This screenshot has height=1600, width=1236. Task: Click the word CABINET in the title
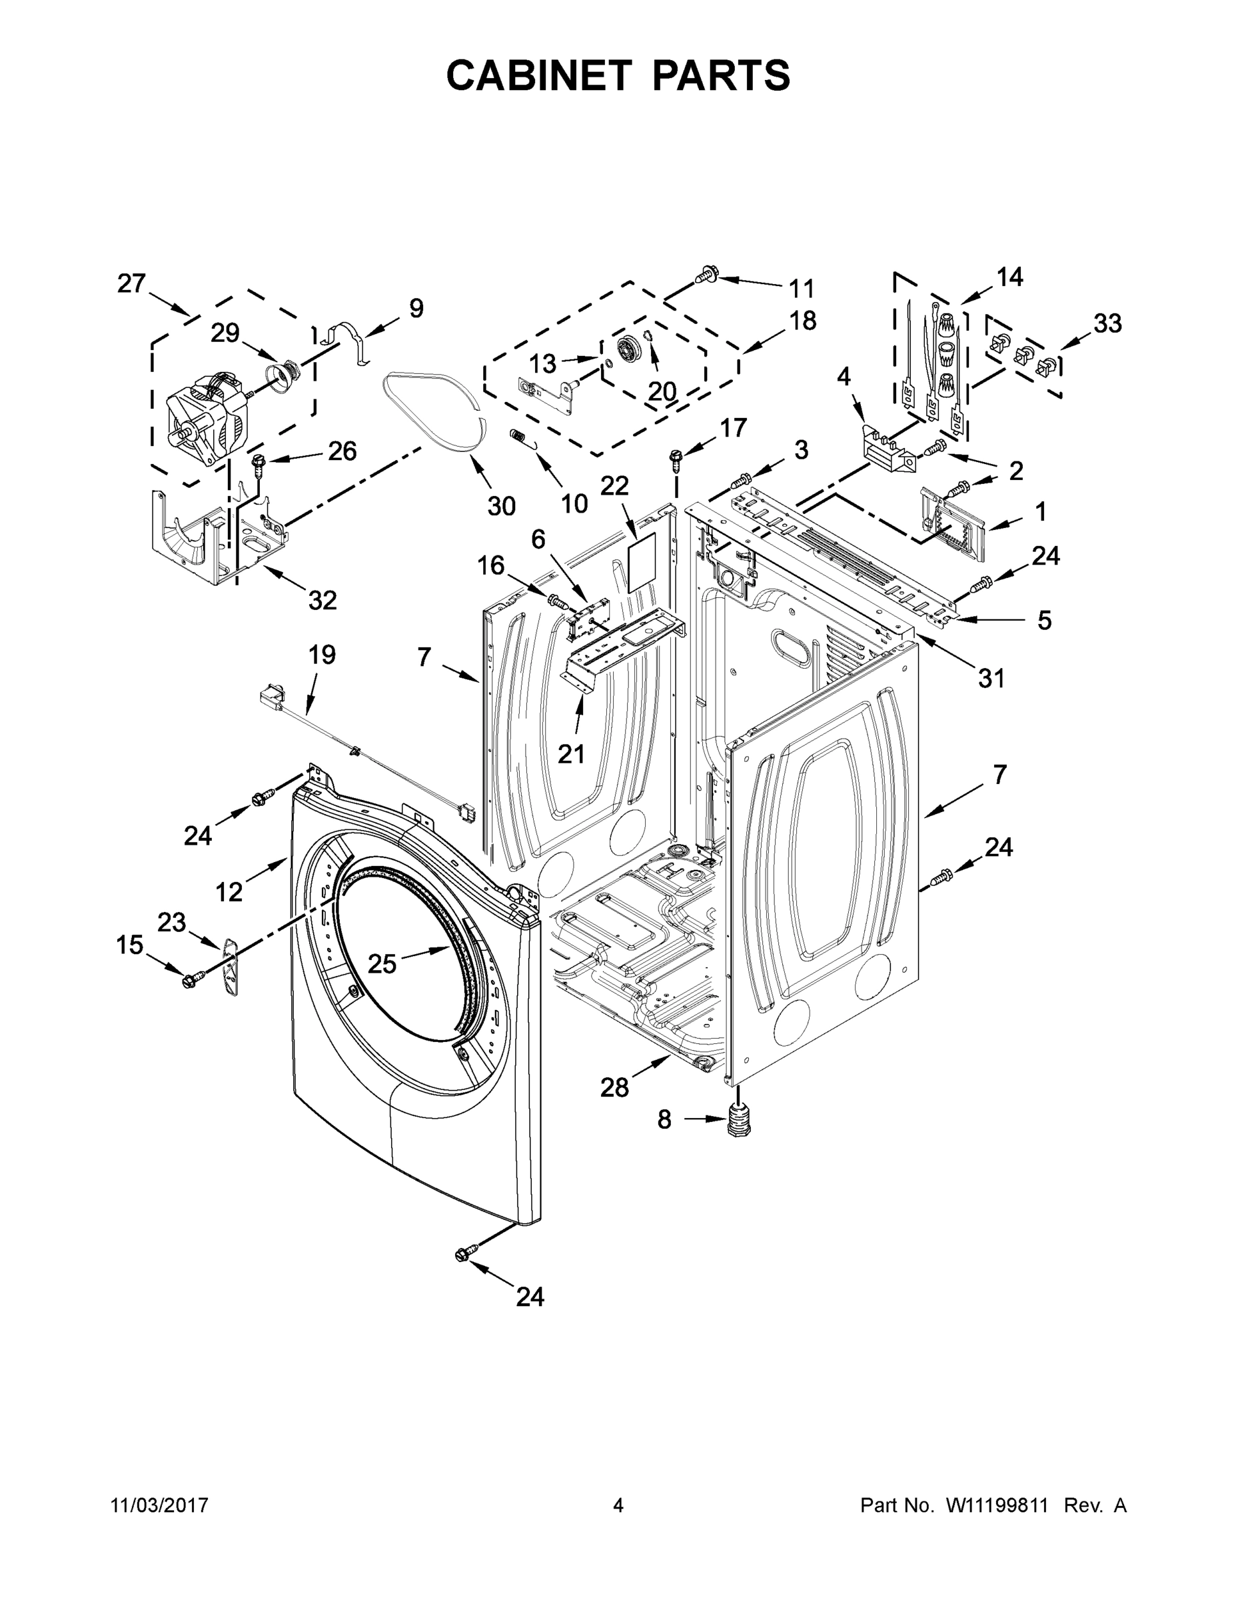(539, 75)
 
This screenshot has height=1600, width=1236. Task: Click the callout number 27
(132, 283)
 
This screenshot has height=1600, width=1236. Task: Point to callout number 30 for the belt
(501, 505)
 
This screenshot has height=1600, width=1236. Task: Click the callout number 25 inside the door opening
(382, 963)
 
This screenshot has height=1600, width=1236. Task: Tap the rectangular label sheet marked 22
(645, 562)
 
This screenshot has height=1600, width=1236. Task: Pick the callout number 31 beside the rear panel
(991, 679)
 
